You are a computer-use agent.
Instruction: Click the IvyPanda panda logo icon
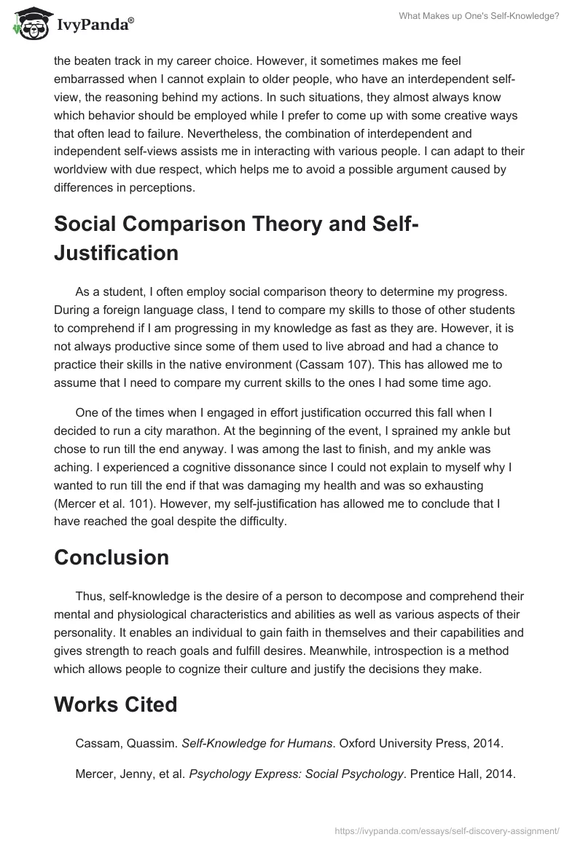(28, 25)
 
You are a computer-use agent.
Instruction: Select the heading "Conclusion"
(111, 557)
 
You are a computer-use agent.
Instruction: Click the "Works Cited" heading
(116, 705)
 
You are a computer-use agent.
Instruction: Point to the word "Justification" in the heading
(117, 253)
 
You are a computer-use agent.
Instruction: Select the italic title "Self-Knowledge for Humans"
(240, 743)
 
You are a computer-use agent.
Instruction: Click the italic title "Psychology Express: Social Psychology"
(296, 774)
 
